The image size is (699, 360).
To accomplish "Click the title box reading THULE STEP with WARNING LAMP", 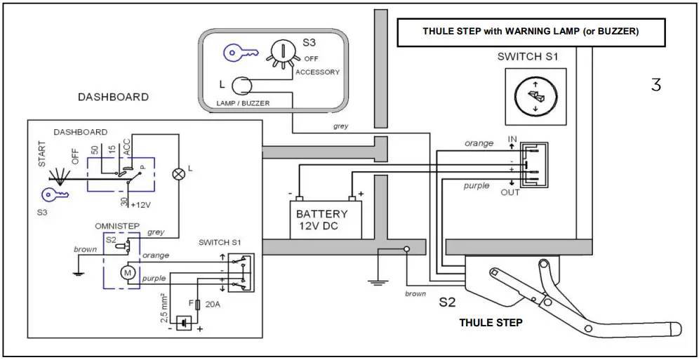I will (531, 32).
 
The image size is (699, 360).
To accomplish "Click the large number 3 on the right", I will (655, 85).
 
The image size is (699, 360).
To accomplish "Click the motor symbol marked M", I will (128, 271).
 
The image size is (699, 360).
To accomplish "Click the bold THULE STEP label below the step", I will (491, 323).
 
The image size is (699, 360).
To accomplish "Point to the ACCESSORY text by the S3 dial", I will (317, 72).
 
